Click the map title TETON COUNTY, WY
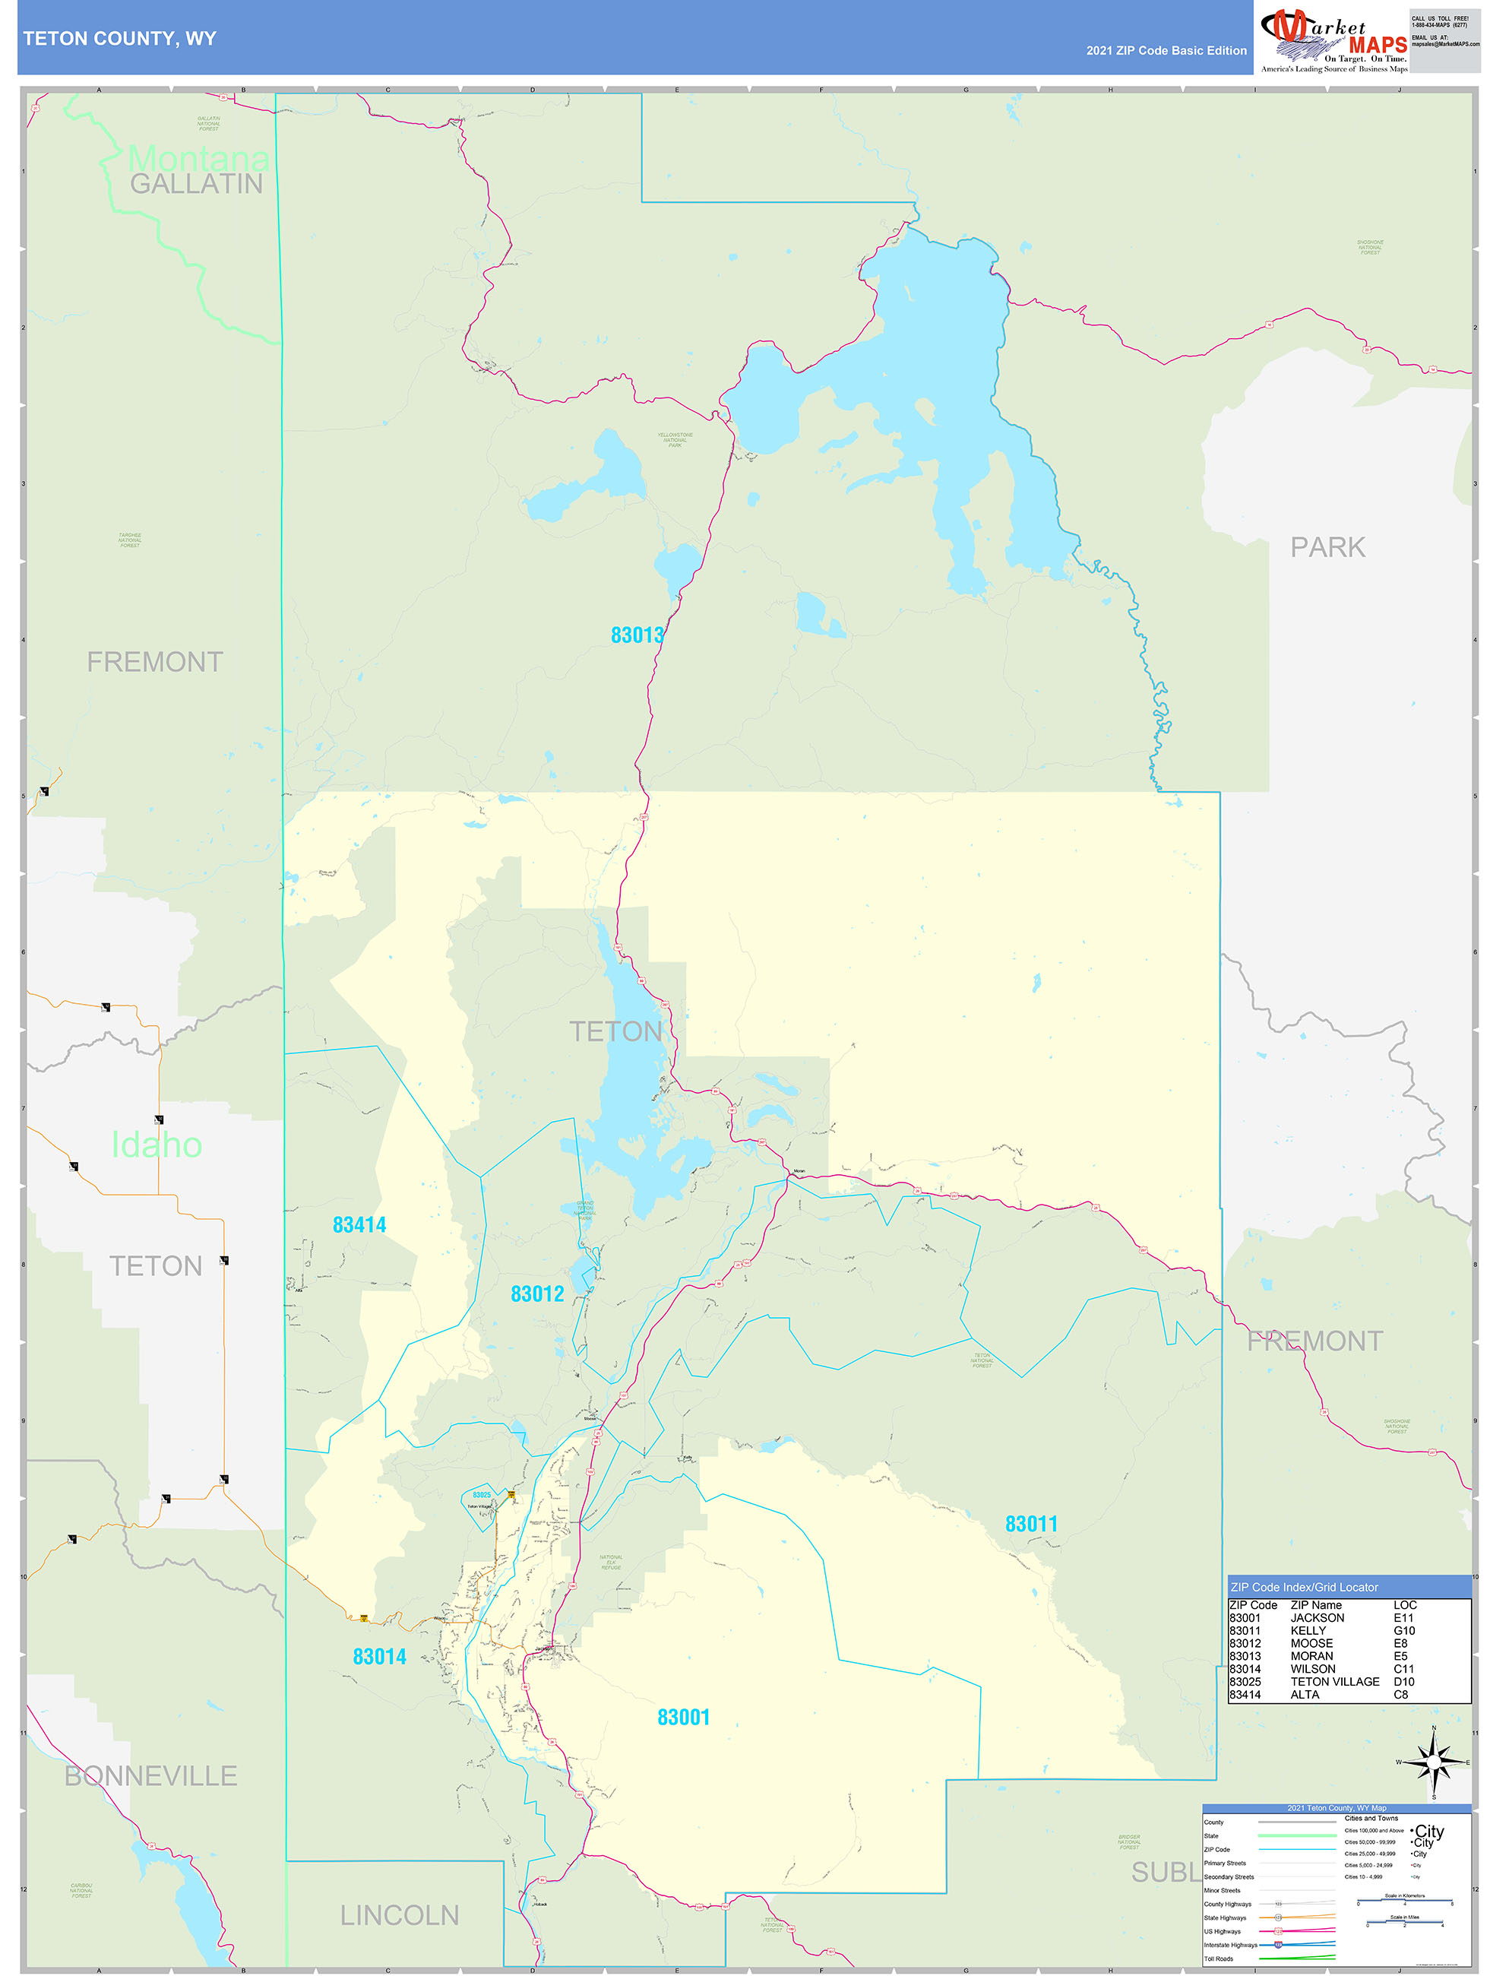(x=120, y=39)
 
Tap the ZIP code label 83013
(x=637, y=635)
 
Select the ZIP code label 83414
(x=359, y=1224)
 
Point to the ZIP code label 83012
(x=537, y=1294)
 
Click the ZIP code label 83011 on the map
(x=1031, y=1524)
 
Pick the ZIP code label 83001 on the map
(x=683, y=1717)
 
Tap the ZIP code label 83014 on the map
(x=378, y=1657)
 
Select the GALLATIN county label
(x=197, y=184)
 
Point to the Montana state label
(x=198, y=159)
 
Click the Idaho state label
(x=157, y=1145)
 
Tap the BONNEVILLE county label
(x=151, y=1776)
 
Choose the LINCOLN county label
(x=400, y=1915)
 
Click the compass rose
(x=1434, y=1762)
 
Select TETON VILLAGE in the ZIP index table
(x=1334, y=1681)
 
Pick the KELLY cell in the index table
(x=1308, y=1630)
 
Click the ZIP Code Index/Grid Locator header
(x=1304, y=1588)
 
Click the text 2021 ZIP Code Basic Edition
(x=1166, y=51)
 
